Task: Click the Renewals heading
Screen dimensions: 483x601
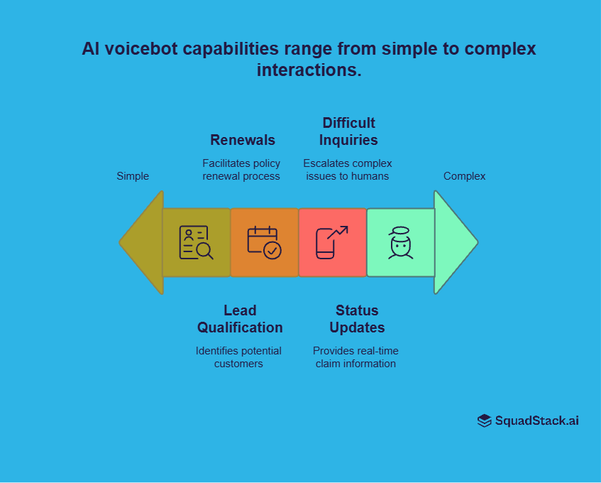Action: [x=243, y=139]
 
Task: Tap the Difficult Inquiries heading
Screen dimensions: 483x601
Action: [x=348, y=131]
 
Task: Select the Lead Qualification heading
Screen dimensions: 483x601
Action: [x=240, y=319]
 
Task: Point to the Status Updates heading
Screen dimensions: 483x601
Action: [x=357, y=319]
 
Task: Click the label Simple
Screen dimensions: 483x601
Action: [x=133, y=176]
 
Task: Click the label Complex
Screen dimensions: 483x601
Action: [x=464, y=176]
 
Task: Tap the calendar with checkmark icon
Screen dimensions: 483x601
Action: [x=264, y=242]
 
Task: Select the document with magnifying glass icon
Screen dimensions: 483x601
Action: [x=196, y=242]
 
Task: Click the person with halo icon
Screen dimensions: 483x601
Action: [x=400, y=242]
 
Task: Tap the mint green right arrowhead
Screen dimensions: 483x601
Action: [x=453, y=242]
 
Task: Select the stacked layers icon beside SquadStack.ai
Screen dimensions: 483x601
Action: [x=485, y=420]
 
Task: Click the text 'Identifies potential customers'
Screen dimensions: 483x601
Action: [x=238, y=357]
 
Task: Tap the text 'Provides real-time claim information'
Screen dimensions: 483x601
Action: [x=355, y=357]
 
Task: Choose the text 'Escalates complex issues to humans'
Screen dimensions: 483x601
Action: [x=348, y=170]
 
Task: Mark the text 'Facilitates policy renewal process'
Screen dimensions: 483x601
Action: [x=241, y=170]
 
